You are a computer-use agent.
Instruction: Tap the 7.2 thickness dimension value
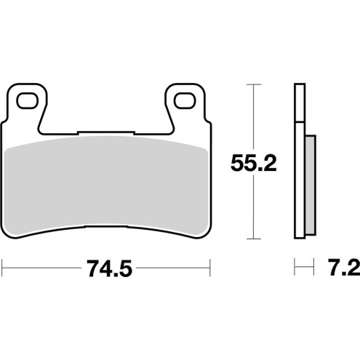tap(340, 270)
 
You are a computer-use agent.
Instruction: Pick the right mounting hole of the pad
tap(182, 98)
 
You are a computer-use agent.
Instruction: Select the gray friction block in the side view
tap(311, 185)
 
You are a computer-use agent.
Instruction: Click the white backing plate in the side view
tap(298, 160)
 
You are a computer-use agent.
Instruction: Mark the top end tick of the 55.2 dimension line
tap(252, 84)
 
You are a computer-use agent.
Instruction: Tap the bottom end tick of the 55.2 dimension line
tap(252, 239)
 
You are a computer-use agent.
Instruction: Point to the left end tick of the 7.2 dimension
tap(295, 270)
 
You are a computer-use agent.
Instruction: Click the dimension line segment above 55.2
tap(252, 116)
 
